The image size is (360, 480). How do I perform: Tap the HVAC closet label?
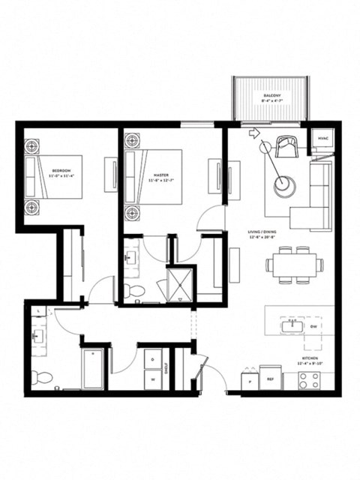pyautogui.click(x=322, y=139)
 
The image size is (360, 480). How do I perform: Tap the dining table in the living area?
pyautogui.click(x=294, y=264)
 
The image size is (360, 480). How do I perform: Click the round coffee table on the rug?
pyautogui.click(x=284, y=186)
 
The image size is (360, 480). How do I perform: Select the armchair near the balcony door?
pyautogui.click(x=286, y=145)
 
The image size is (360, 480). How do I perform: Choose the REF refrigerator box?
pyautogui.click(x=271, y=379)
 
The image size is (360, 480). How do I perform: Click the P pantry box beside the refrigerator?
pyautogui.click(x=249, y=379)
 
